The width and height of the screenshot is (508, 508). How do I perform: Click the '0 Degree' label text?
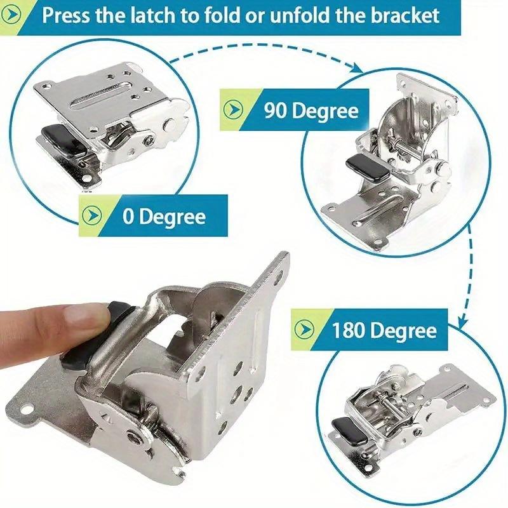click(x=164, y=217)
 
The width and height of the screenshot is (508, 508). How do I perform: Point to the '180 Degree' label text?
click(x=384, y=331)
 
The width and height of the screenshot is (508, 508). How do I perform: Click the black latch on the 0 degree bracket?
click(x=59, y=138)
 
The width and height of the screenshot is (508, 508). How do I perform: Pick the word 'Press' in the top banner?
click(x=65, y=15)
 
